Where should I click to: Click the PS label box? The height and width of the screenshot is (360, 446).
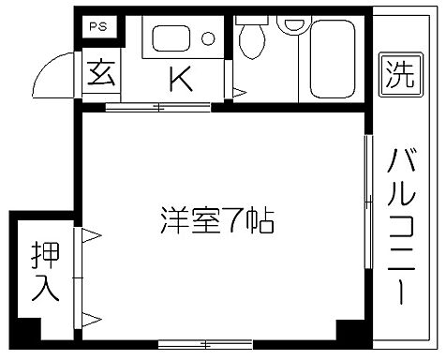97,27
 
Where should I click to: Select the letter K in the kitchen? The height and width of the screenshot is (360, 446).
180,79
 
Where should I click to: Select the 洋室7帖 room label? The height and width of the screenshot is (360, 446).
215,222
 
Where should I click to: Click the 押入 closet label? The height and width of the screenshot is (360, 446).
44,271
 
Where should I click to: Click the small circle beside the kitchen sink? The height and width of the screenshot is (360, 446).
208,39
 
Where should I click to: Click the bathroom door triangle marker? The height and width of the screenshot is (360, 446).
239,93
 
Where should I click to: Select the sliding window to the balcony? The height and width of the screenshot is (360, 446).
366,220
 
